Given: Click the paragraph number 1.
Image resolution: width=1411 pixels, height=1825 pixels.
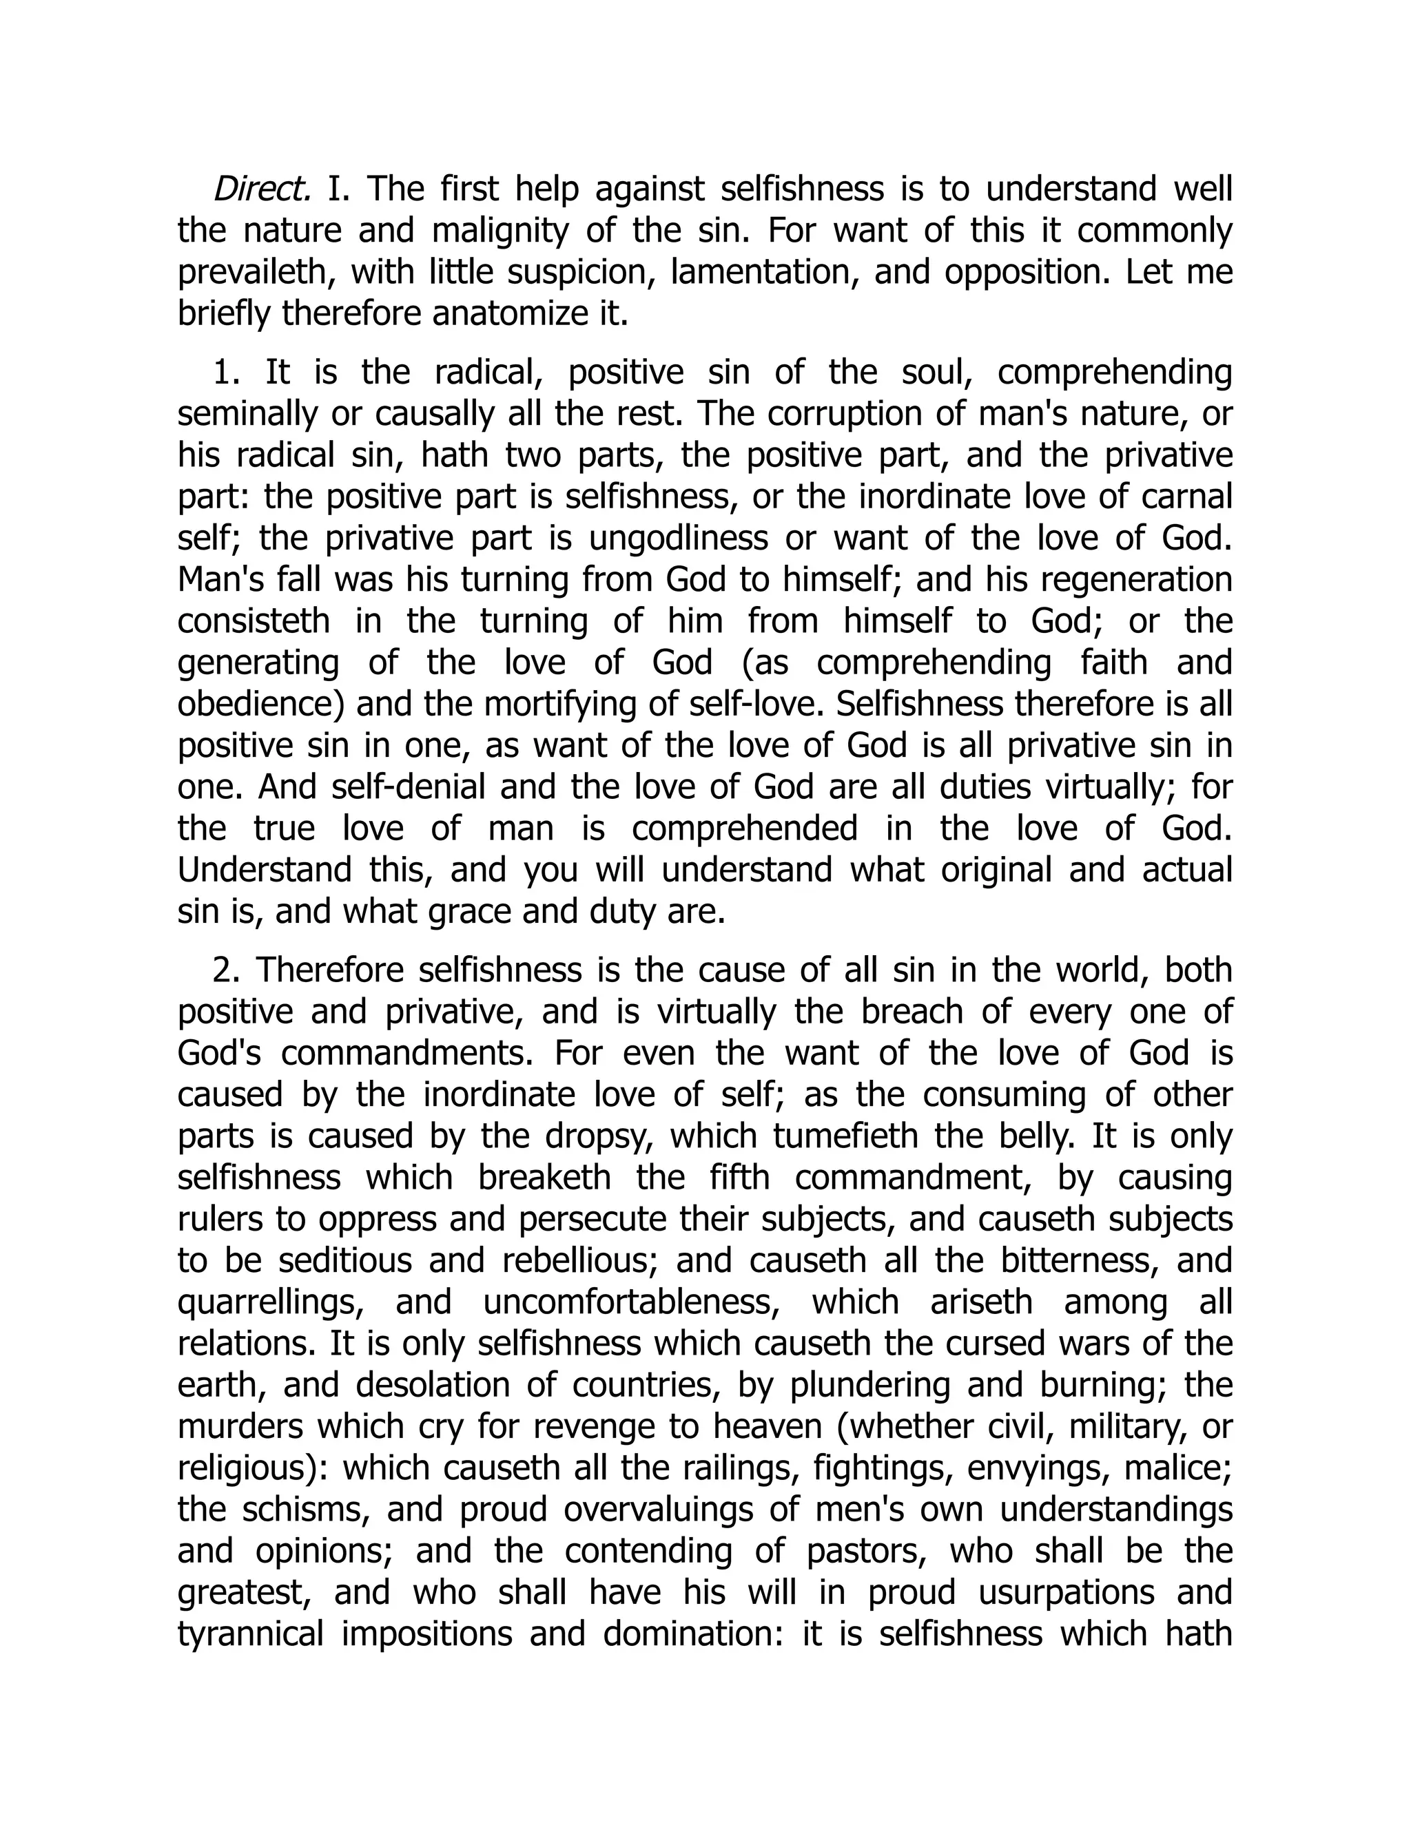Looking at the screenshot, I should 227,373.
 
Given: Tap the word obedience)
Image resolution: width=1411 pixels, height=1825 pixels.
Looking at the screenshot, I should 261,704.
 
